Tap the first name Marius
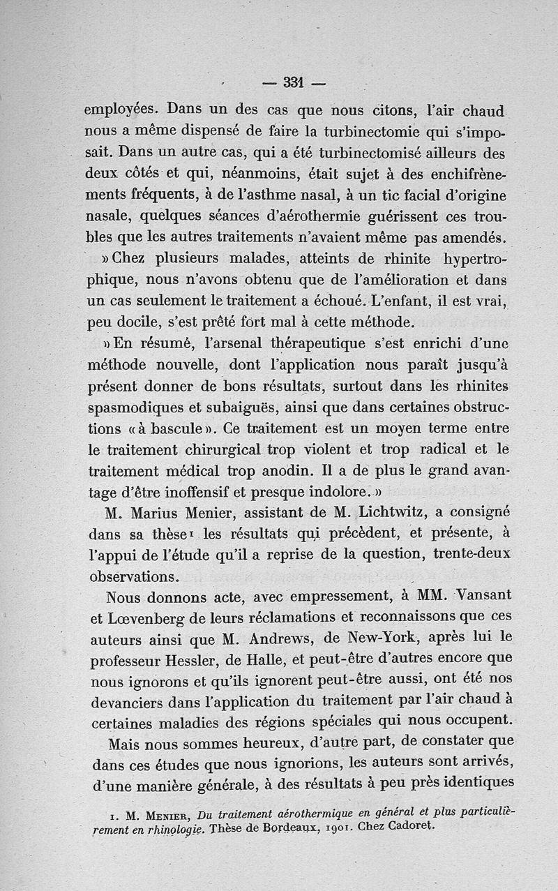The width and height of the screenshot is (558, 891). (156, 512)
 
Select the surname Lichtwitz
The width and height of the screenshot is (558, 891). (390, 512)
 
